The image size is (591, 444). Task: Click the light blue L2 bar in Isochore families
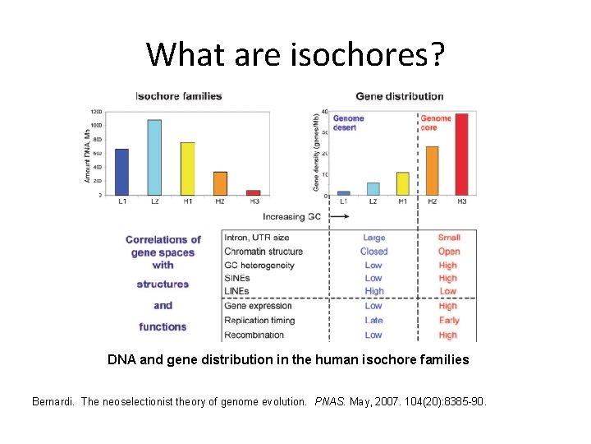(153, 157)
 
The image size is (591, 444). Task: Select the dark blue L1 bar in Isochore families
(121, 172)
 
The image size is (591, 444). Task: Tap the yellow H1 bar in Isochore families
(187, 169)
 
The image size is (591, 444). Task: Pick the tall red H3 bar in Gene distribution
(461, 155)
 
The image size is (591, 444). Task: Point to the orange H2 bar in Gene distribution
(432, 171)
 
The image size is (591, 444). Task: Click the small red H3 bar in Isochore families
(253, 192)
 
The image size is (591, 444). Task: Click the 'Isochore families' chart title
(179, 96)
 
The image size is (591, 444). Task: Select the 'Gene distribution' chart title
(400, 96)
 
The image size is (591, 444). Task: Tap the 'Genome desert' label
(348, 123)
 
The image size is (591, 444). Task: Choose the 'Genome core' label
(436, 123)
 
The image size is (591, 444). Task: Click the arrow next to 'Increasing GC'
(340, 217)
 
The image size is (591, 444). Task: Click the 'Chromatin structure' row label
(263, 252)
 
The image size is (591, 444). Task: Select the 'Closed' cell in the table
(373, 252)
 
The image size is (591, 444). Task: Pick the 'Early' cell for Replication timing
(448, 321)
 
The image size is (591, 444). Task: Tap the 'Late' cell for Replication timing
(373, 321)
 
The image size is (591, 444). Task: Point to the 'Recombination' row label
(254, 335)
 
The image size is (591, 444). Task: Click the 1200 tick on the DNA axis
(96, 112)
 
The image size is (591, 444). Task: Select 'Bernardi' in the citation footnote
(53, 402)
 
